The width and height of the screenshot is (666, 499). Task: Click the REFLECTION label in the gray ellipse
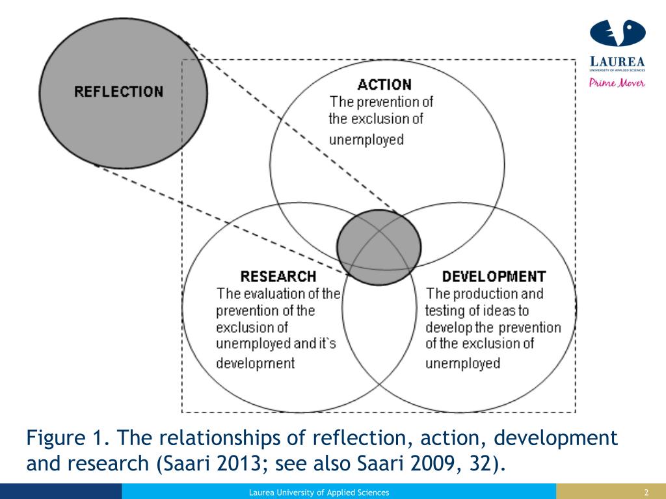pos(119,92)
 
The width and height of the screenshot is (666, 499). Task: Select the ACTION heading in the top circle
pos(384,84)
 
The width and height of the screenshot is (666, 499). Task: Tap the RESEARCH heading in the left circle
pos(278,276)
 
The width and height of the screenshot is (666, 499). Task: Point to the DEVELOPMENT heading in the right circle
pos(494,276)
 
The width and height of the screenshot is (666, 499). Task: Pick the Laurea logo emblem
pos(617,36)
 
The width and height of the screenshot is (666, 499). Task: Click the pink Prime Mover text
pos(617,83)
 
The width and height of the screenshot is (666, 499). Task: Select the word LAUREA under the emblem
pos(617,62)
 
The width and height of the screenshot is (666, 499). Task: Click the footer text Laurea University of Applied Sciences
pos(319,493)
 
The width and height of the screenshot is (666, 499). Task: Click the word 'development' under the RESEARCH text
pos(255,363)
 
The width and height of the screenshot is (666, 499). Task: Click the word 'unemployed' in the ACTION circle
pos(366,139)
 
